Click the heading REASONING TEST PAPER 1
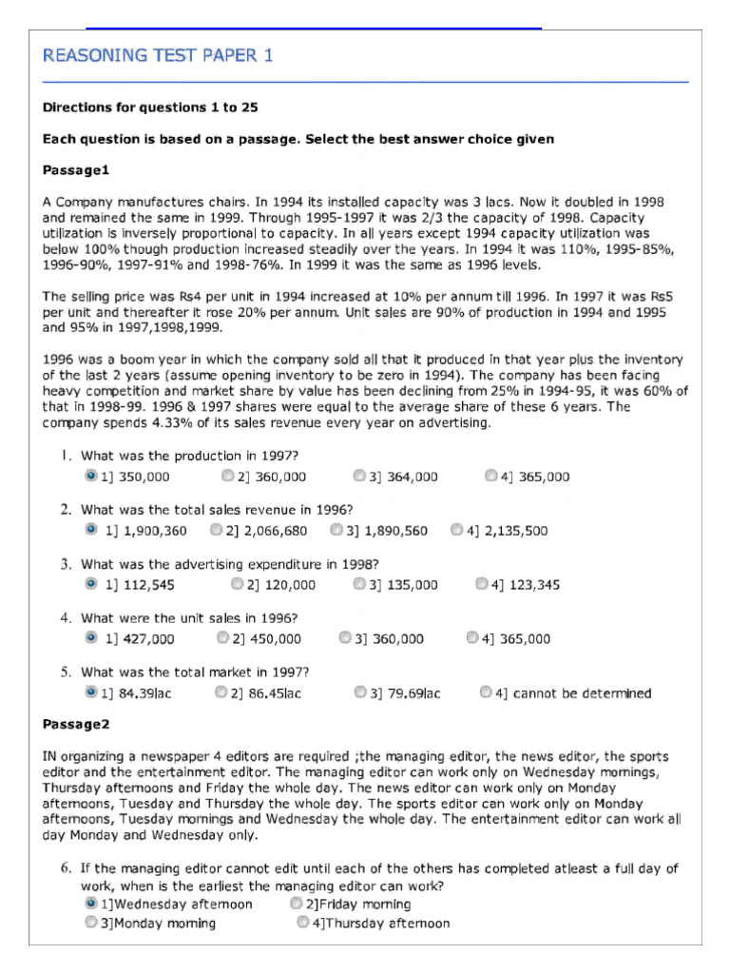click(x=158, y=56)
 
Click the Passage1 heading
click(x=77, y=170)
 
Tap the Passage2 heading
click(x=77, y=725)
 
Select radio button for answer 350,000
click(x=90, y=476)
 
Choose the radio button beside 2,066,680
click(x=217, y=530)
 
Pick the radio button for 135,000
click(x=359, y=584)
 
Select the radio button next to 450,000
click(x=223, y=638)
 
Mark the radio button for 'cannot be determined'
click(x=486, y=692)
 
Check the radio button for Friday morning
click(x=298, y=904)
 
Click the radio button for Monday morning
click(x=90, y=922)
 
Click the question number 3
click(x=67, y=564)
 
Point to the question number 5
click(x=67, y=672)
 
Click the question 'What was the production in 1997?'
click(x=189, y=456)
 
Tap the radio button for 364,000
click(x=359, y=476)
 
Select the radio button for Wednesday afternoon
click(x=90, y=904)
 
